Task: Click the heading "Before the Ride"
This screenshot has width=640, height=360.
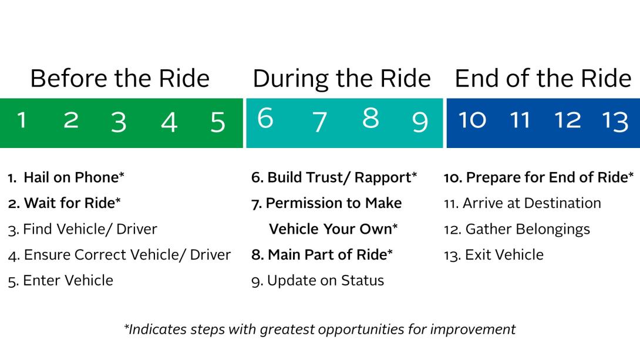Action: pos(120,78)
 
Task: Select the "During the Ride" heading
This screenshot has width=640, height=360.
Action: pos(342,79)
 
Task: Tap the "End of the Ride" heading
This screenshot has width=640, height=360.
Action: pos(543,78)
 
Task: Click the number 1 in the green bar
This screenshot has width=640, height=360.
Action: pos(22,120)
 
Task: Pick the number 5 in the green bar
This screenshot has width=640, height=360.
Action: pos(218,122)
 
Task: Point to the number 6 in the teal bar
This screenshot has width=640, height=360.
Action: pos(265,118)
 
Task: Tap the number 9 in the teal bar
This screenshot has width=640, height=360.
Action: pos(420,122)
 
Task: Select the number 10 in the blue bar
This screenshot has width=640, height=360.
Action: pos(472,120)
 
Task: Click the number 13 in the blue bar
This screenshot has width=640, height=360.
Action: pos(615,121)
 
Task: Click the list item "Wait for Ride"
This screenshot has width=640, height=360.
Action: pos(65,203)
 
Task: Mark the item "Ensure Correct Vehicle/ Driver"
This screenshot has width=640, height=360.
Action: pos(120,255)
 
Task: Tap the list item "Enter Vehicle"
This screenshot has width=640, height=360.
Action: pos(61,281)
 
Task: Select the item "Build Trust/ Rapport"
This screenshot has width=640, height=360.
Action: pos(334,177)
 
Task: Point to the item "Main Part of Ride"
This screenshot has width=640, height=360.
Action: pos(322,255)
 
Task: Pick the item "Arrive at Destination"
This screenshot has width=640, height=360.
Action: pos(523,203)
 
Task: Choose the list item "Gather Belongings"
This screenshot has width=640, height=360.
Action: pos(517,230)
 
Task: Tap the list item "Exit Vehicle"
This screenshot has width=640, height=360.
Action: pos(494,255)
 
